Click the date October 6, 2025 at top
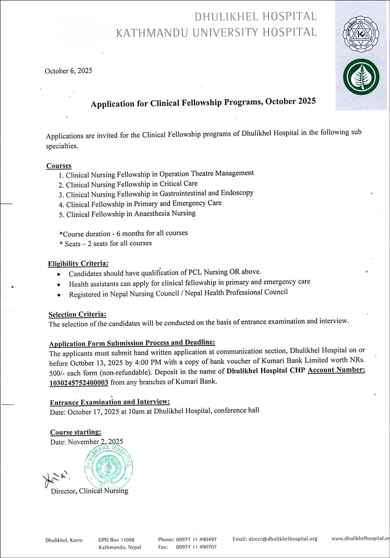(x=69, y=71)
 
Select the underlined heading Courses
(x=59, y=166)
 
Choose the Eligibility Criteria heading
(x=78, y=264)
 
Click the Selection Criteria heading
(x=77, y=314)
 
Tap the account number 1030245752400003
(x=79, y=383)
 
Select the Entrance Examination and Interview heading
(x=110, y=402)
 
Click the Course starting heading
(x=76, y=432)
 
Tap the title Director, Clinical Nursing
(x=90, y=491)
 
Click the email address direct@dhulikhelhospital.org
(x=275, y=539)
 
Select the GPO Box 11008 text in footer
(x=116, y=540)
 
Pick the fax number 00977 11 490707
(x=196, y=547)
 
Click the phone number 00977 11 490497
(x=196, y=539)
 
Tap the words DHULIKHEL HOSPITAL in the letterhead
(x=255, y=17)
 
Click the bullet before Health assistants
(x=58, y=285)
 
